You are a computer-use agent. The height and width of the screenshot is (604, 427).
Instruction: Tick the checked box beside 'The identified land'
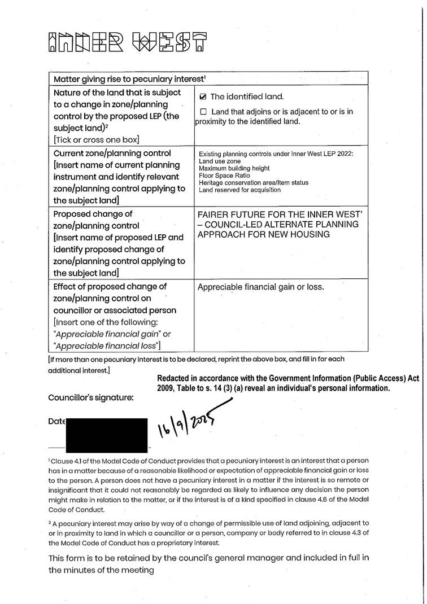point(203,97)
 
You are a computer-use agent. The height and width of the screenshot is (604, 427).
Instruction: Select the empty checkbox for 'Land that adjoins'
point(203,112)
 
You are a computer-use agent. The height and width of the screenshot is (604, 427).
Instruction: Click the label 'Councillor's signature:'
point(91,398)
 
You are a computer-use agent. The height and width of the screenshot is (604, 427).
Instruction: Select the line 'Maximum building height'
point(234,168)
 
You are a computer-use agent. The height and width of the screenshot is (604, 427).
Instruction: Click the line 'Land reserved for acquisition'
point(240,190)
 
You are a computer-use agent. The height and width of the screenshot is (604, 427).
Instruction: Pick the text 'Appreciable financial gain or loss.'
point(261,287)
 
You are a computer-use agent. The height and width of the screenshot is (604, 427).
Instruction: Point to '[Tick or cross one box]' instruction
point(96,139)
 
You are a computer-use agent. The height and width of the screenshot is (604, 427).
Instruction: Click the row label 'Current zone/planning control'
point(112,153)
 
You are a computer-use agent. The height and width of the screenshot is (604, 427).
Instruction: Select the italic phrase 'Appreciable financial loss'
point(105,345)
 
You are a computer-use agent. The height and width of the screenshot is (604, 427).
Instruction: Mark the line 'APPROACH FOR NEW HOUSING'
point(264,234)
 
